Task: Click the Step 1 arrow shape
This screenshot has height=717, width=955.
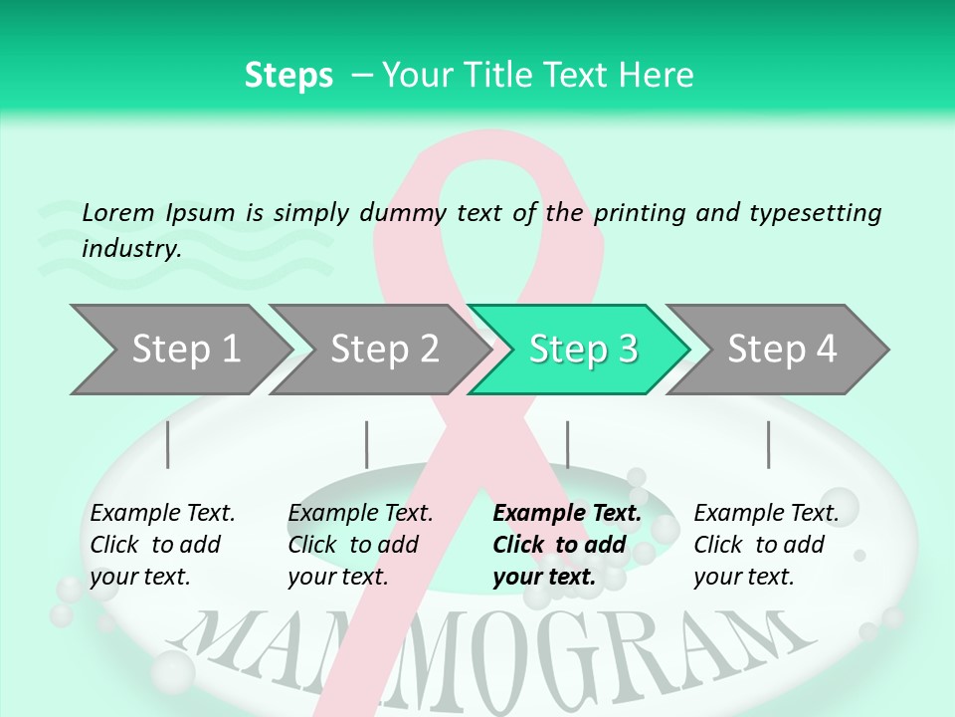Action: point(179,350)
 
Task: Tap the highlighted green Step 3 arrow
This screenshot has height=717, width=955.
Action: point(579,350)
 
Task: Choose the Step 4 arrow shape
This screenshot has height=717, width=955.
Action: point(778,350)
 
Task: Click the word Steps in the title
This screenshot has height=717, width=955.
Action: point(288,75)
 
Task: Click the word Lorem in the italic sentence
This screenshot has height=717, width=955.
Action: point(117,212)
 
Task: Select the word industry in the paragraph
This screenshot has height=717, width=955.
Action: point(130,248)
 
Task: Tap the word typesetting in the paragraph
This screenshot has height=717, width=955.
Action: point(815,213)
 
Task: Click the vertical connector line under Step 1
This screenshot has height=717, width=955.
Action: point(167,444)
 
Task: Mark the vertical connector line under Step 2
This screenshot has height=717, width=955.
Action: point(367,444)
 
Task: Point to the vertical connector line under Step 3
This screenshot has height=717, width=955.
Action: point(567,444)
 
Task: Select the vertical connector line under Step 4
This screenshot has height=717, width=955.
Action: point(768,444)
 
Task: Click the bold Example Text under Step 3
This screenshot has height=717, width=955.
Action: point(567,514)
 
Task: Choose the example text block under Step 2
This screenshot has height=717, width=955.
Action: point(359,545)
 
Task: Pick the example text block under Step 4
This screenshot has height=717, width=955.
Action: point(765,545)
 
